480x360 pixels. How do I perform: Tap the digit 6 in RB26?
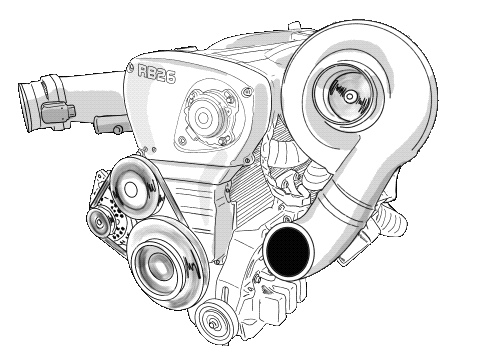(171, 87)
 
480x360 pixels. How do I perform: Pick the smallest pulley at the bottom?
(212, 323)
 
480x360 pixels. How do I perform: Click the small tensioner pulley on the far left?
(99, 220)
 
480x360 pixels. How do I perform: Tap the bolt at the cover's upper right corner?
(237, 92)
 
